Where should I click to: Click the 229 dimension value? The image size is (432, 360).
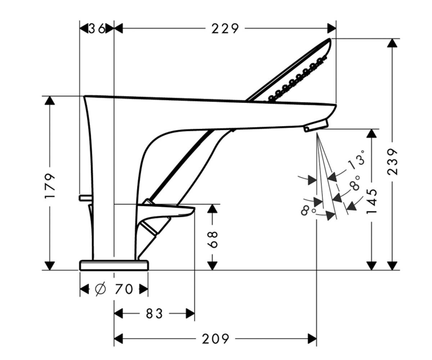tap(225, 28)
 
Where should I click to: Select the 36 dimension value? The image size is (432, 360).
tap(97, 28)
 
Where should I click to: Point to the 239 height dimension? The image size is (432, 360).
tap(392, 162)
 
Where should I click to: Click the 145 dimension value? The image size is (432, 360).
tap(372, 201)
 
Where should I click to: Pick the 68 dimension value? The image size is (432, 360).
tap(212, 240)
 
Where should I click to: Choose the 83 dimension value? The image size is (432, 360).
tap(154, 314)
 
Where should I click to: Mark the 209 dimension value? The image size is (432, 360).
tap(216, 339)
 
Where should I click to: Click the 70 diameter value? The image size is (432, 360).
tap(124, 289)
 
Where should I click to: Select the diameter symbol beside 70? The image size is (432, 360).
tap(100, 289)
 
